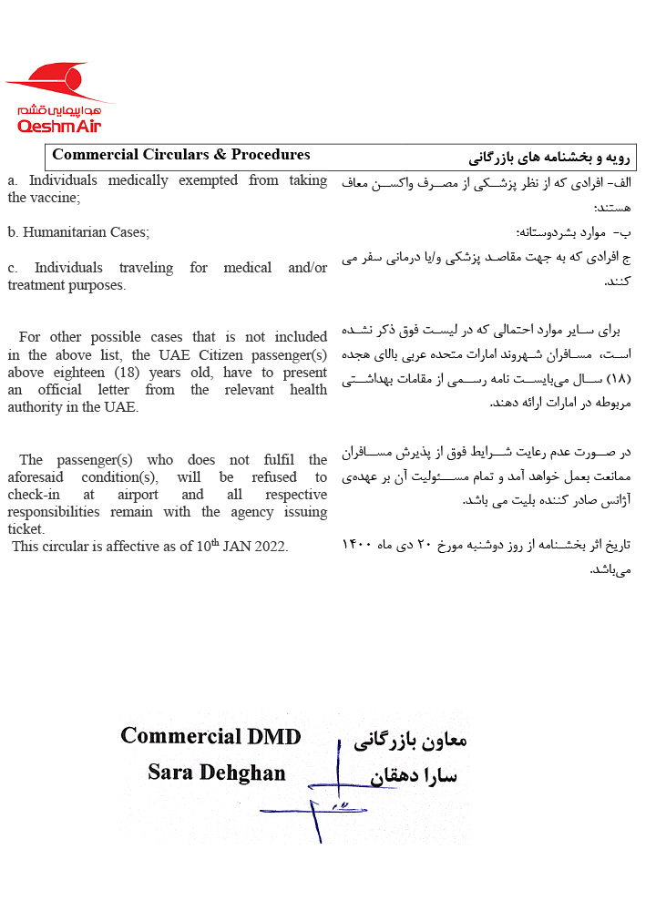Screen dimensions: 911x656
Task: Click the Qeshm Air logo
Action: pyautogui.click(x=60, y=98)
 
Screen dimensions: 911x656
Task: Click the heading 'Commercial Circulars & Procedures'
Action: pyautogui.click(x=181, y=155)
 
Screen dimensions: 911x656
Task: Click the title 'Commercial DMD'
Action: pyautogui.click(x=210, y=736)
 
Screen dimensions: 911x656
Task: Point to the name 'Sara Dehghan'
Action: pyautogui.click(x=217, y=774)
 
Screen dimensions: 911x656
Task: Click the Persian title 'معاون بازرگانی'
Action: pyautogui.click(x=410, y=740)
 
